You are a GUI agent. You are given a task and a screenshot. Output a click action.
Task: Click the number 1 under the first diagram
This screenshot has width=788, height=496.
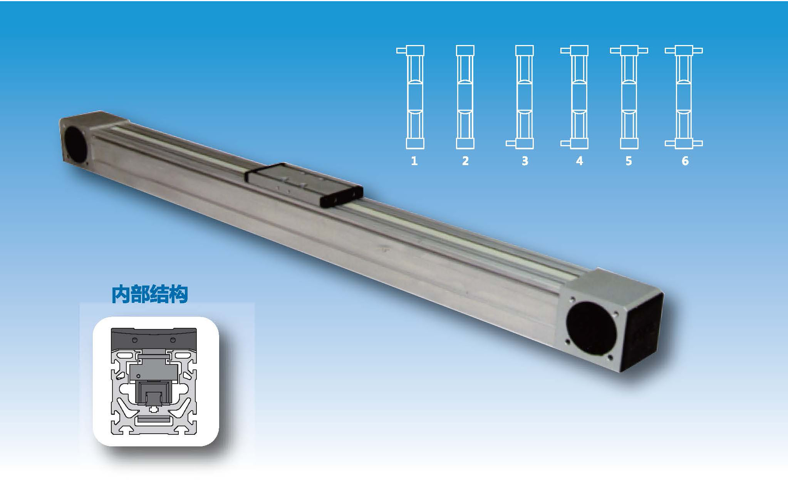pos(414,160)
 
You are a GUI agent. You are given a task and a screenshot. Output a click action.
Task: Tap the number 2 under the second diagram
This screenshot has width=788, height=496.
pos(465,160)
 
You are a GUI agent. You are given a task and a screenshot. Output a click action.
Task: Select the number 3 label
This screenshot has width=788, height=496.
pos(525,160)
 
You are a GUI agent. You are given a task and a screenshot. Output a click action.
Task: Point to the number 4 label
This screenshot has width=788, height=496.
pos(579,160)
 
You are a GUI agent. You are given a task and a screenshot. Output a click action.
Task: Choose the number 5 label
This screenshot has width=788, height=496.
pos(629,160)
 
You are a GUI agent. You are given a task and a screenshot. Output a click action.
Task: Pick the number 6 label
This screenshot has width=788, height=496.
pos(685,160)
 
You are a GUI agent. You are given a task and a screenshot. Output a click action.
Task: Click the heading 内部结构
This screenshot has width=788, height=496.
pos(149,294)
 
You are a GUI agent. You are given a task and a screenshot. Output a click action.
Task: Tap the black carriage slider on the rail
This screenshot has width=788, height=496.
pos(304,184)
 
